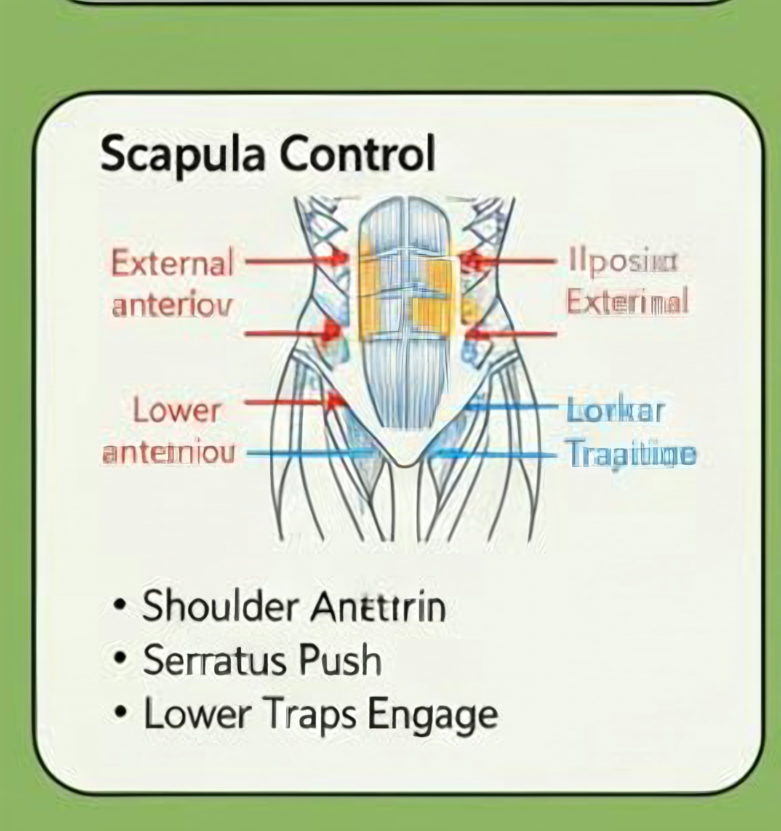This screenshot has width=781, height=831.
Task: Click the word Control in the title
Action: click(357, 154)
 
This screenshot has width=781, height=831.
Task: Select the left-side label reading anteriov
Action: click(172, 306)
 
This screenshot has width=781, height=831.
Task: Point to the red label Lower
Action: click(177, 411)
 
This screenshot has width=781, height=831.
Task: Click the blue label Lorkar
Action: click(615, 411)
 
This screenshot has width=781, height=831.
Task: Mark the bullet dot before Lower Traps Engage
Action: click(120, 711)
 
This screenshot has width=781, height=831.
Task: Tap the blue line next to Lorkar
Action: click(512, 406)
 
